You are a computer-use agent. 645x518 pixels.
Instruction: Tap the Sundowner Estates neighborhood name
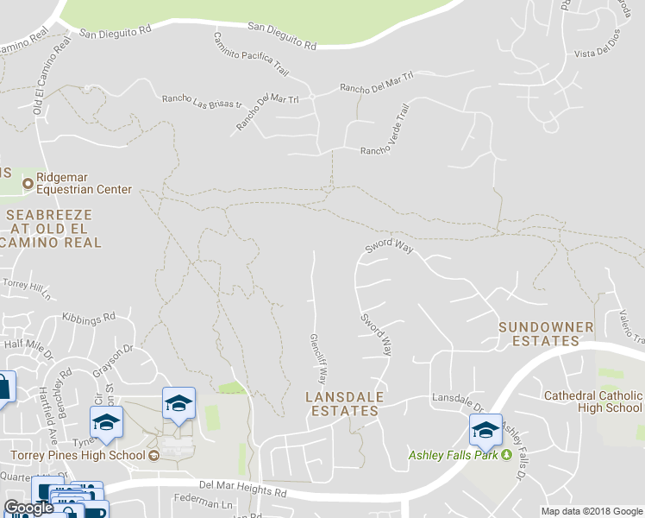547,334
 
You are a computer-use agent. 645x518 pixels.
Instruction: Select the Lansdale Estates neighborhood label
343,404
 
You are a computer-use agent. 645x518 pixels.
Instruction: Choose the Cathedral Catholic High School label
593,402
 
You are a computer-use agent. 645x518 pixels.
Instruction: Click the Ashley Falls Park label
454,454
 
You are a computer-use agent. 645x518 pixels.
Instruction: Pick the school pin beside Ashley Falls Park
485,430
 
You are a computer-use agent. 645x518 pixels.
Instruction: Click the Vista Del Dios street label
597,54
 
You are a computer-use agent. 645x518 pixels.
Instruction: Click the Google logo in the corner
29,508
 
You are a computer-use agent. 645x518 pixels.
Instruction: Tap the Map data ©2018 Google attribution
591,511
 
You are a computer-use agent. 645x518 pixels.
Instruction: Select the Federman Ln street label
204,503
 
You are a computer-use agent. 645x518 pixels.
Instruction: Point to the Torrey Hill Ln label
28,285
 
